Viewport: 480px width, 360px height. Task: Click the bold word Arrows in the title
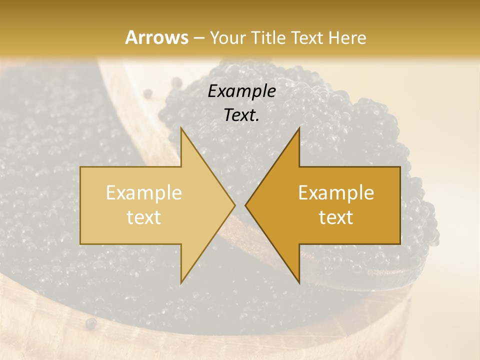coord(157,37)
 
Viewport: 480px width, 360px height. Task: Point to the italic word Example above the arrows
coord(242,91)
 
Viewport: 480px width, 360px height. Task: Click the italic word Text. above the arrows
coord(242,115)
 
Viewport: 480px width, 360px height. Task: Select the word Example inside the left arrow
coord(144,193)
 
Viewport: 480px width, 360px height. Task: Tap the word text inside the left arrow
coord(144,217)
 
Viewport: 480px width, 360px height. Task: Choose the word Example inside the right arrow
coord(336,193)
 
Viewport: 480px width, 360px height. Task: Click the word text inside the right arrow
coord(336,217)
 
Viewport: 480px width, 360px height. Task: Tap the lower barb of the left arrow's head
coord(182,281)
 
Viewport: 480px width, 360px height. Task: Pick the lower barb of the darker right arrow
coord(298,281)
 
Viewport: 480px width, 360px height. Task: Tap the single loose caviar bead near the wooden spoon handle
coord(147,93)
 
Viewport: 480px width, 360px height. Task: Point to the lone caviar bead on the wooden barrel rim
coord(90,324)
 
